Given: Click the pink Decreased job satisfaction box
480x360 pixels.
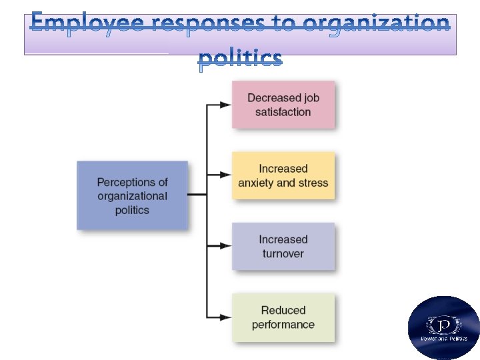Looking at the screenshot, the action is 283,105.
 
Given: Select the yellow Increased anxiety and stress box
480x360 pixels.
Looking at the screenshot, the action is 283,175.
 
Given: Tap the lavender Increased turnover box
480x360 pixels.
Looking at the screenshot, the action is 283,247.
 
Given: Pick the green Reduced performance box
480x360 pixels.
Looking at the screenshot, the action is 283,317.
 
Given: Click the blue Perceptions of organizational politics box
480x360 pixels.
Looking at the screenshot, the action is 132,195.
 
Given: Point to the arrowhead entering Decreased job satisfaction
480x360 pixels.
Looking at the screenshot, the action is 225,105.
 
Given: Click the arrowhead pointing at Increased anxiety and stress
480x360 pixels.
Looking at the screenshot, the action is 225,175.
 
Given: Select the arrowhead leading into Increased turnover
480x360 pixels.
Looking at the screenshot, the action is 225,246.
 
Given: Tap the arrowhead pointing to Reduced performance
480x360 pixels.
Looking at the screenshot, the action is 225,317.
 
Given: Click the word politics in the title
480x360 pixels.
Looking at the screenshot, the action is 240,58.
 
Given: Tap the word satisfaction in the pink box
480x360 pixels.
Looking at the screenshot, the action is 283,112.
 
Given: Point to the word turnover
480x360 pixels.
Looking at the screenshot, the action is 283,254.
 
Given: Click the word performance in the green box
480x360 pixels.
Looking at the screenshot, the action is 283,325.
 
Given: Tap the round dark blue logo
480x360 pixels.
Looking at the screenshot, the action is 444,327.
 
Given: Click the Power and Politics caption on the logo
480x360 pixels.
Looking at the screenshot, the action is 444,339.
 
